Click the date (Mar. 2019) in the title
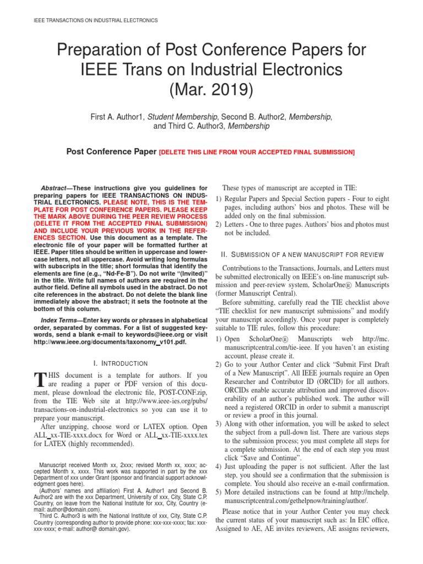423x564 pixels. [x=211, y=89]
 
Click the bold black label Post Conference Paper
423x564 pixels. [x=111, y=151]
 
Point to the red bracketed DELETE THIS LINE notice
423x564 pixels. [x=257, y=152]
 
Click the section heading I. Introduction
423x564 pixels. [x=121, y=364]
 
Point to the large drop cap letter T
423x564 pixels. [x=39, y=379]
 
